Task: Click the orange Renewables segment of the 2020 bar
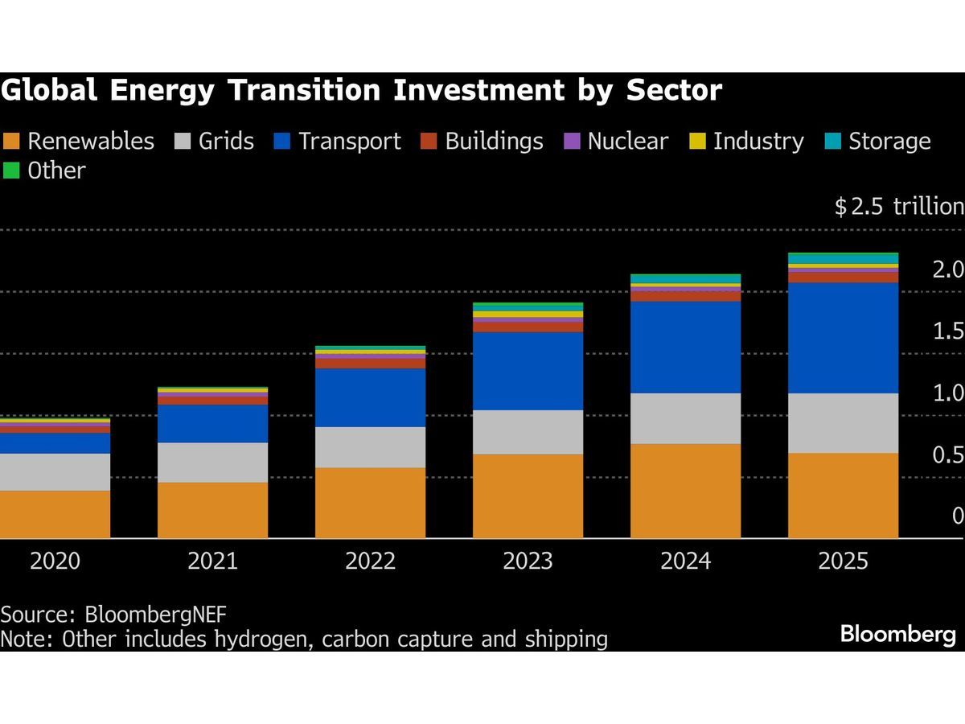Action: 55,514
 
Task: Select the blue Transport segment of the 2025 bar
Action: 843,337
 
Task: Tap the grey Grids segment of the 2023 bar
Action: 528,432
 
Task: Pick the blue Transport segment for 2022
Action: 370,397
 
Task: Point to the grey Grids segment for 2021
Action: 212,462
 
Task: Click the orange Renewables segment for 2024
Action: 685,491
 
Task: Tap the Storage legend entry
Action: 878,142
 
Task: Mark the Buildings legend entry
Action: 482,142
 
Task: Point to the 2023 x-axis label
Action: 528,561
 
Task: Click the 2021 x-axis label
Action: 212,561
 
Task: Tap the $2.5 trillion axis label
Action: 899,207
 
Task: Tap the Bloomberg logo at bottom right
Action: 898,634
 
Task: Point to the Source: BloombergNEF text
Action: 113,615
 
